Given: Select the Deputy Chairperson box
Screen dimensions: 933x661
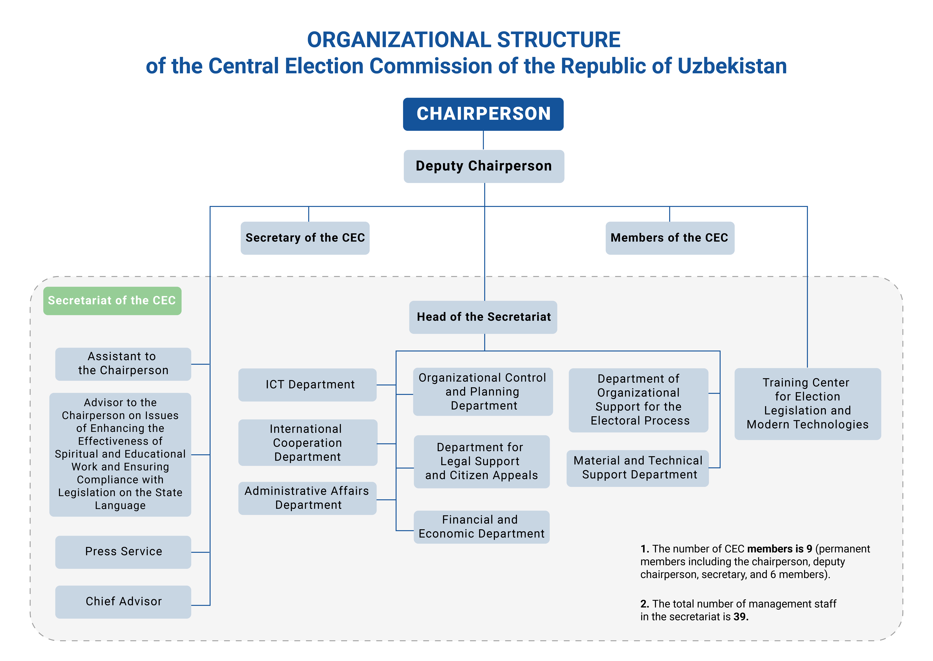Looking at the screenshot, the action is [x=484, y=166].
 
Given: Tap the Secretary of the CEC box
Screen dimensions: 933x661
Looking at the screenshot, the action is [x=305, y=238].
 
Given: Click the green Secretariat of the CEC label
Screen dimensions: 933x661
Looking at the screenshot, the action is [x=112, y=301].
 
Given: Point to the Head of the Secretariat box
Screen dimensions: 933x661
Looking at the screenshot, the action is [x=483, y=317].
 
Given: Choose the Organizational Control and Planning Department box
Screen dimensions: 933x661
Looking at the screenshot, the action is [x=483, y=392].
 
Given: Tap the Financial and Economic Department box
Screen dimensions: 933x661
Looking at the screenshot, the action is [x=482, y=527].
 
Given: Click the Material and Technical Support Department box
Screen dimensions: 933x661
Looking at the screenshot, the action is [x=637, y=468].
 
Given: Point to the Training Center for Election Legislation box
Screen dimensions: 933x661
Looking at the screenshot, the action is [x=808, y=404].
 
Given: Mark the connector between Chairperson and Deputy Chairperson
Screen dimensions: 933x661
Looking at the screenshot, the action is [x=483, y=140].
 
